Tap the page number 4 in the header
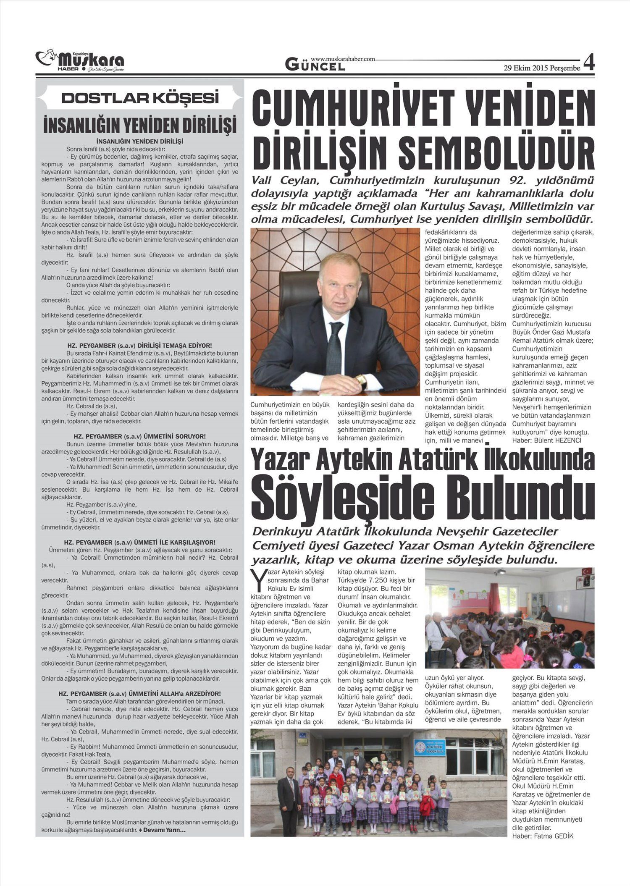[x=589, y=63]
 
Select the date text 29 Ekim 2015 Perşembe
[x=542, y=68]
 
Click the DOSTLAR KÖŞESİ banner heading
[x=140, y=98]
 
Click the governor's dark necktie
[x=336, y=349]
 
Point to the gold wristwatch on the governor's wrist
[x=361, y=380]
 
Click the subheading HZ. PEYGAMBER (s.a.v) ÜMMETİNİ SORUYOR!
[x=139, y=437]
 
